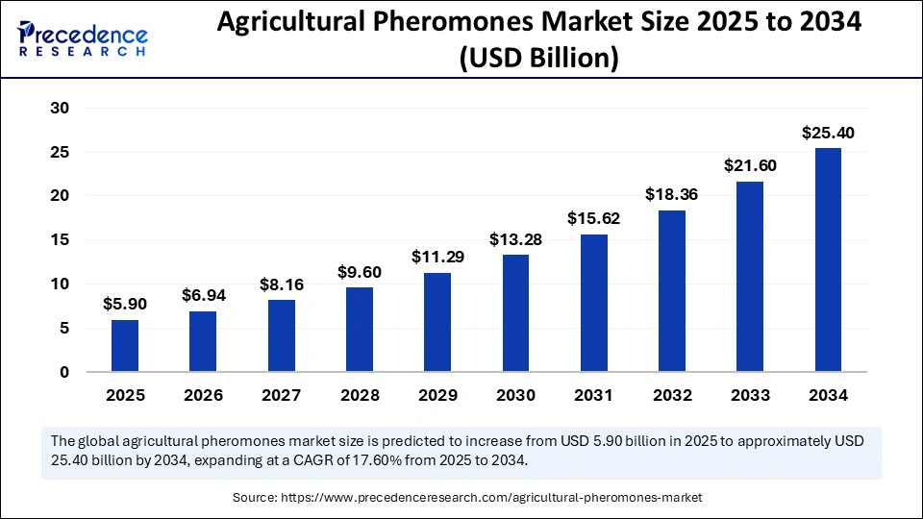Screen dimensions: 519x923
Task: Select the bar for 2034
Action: coord(828,259)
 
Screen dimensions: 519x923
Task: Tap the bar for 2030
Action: coord(515,313)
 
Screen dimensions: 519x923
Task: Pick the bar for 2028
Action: coord(359,329)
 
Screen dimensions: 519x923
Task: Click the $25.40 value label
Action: coord(828,133)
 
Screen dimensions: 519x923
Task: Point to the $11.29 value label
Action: coord(437,258)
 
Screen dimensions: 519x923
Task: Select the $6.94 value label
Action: coord(202,296)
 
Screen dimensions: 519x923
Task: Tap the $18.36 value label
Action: coord(671,195)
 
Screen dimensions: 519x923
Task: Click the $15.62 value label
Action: coord(593,219)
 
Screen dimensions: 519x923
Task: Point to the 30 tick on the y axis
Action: coord(59,109)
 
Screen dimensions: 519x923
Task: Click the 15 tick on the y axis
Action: coord(59,240)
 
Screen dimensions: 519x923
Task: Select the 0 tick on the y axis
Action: coord(63,372)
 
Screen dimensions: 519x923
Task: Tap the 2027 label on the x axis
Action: coord(281,395)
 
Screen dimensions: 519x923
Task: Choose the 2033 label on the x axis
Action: coord(750,395)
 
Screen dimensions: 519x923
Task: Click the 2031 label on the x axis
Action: coord(593,395)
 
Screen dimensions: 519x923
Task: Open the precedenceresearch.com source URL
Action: coord(491,497)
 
